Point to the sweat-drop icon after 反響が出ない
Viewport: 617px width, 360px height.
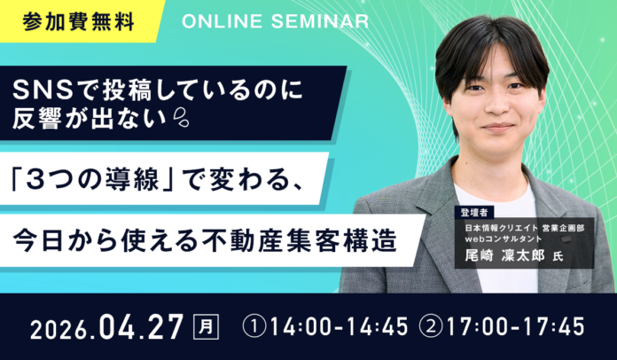pos(177,115)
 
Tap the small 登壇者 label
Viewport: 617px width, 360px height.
pos(476,213)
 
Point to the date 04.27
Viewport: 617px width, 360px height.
pos(141,325)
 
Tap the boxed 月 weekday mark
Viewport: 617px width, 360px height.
pos(205,325)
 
